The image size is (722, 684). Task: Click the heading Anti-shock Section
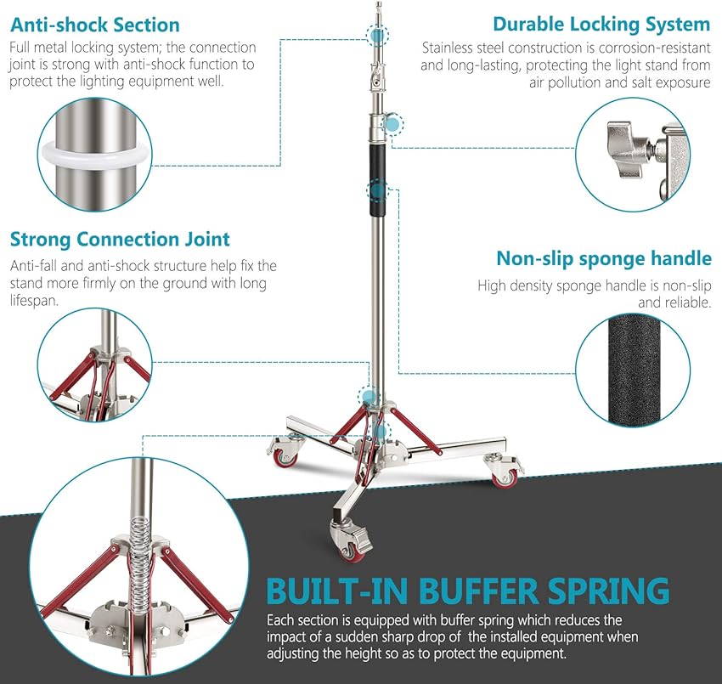click(x=95, y=25)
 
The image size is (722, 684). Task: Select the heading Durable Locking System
click(x=601, y=25)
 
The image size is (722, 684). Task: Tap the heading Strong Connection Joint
click(x=120, y=240)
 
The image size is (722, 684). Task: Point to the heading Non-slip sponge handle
click(x=604, y=258)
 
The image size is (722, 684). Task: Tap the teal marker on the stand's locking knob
click(x=392, y=124)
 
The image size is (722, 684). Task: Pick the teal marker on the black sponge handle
click(x=375, y=189)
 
